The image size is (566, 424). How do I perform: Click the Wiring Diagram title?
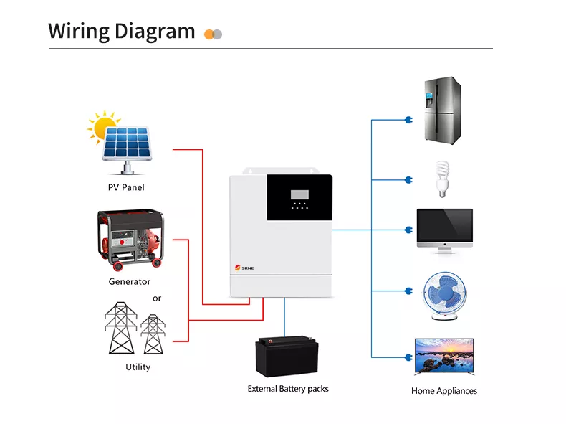click(121, 32)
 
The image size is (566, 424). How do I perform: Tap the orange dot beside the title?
click(209, 34)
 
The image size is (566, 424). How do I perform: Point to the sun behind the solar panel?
click(102, 126)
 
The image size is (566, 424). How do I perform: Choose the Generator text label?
click(130, 281)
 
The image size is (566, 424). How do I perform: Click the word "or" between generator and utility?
click(157, 298)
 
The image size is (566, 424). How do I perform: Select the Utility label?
click(138, 367)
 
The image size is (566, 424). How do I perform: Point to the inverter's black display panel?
click(299, 198)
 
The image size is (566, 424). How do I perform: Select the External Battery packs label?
click(288, 389)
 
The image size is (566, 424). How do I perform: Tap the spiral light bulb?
click(442, 179)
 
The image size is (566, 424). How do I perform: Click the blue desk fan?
click(443, 295)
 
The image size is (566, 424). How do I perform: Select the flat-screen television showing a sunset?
click(445, 357)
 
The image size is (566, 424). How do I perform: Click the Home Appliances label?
click(443, 391)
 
